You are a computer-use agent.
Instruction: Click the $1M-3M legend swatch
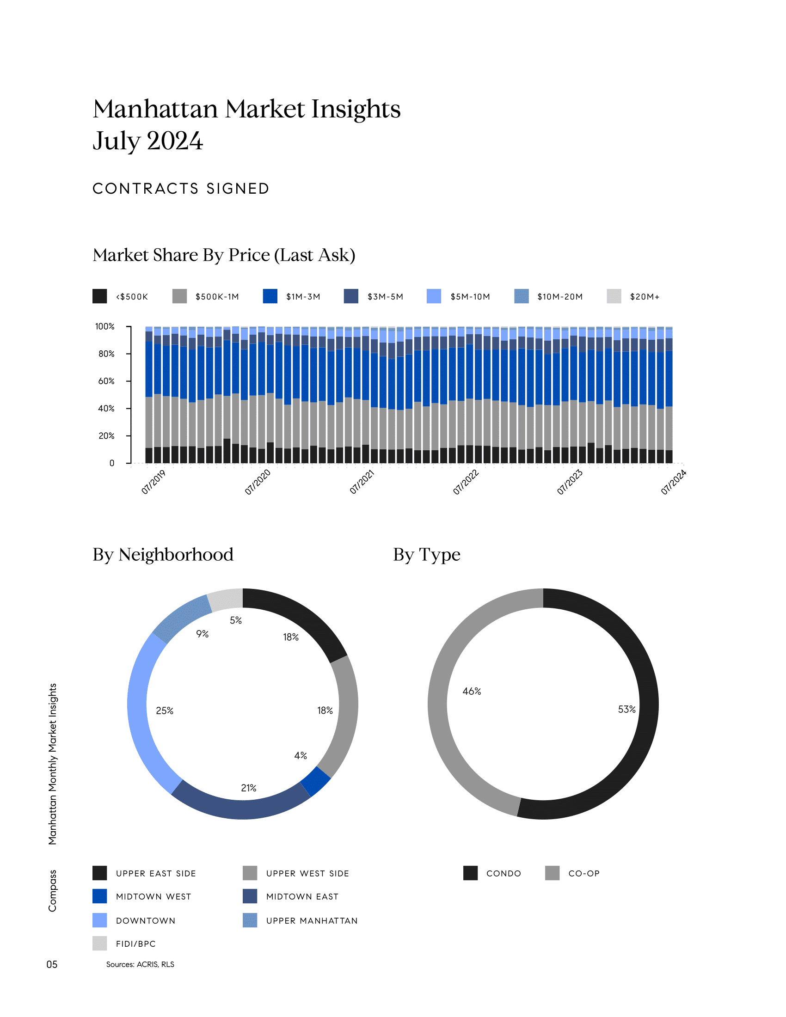pos(270,296)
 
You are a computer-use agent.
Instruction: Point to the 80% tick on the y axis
pos(106,354)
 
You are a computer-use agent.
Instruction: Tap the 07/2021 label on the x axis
pos(362,482)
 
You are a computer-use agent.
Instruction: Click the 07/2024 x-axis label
pos(673,482)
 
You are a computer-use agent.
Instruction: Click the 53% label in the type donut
pos(626,709)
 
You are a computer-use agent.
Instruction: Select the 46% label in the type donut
pos(472,692)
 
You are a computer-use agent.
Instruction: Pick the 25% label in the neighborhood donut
pos(165,711)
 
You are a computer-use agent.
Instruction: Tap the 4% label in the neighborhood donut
pos(301,755)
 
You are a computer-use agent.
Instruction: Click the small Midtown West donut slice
pos(316,781)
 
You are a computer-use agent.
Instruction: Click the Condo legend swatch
pos(470,873)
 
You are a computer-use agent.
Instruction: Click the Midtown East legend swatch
pos(250,896)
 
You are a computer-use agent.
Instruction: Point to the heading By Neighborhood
pos(163,555)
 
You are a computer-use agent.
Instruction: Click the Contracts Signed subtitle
pos(181,189)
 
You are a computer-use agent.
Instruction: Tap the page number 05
pos(52,964)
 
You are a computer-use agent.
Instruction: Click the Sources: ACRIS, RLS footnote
pos(140,964)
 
